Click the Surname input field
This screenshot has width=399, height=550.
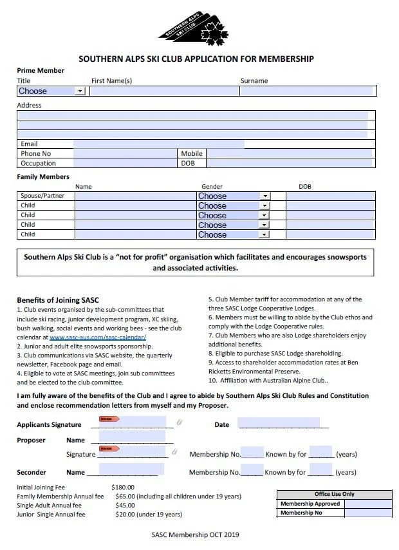pyautogui.click(x=307, y=91)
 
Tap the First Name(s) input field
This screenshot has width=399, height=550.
pyautogui.click(x=164, y=91)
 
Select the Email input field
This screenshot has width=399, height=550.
pyautogui.click(x=158, y=144)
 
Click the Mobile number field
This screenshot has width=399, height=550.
pyautogui.click(x=290, y=154)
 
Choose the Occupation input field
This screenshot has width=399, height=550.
pyautogui.click(x=125, y=164)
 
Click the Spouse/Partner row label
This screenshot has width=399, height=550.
pyautogui.click(x=42, y=196)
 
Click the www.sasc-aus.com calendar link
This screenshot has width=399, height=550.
pyautogui.click(x=98, y=337)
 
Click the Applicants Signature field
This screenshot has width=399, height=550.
pyautogui.click(x=132, y=424)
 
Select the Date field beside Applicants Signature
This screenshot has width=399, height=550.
pyautogui.click(x=279, y=424)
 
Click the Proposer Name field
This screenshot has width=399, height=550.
pyautogui.click(x=132, y=438)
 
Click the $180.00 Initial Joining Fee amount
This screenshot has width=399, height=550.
pyautogui.click(x=123, y=488)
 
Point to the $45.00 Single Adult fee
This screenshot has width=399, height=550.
pyautogui.click(x=125, y=506)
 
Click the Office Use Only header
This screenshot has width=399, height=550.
pyautogui.click(x=334, y=495)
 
